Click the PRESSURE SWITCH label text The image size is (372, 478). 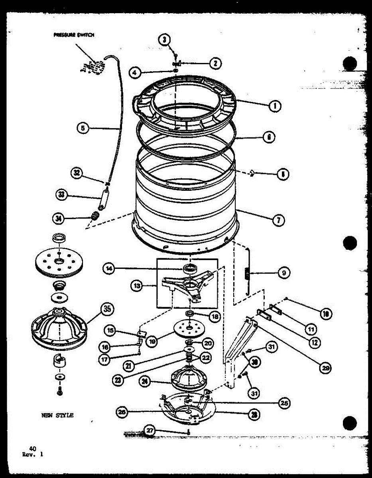click(x=74, y=35)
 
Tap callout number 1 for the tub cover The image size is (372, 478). click(x=275, y=106)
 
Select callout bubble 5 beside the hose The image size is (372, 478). click(x=83, y=128)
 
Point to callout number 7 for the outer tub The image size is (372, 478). click(x=278, y=219)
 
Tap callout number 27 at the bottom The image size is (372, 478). click(x=150, y=431)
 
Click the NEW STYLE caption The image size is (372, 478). click(x=57, y=415)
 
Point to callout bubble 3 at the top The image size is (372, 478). click(x=164, y=39)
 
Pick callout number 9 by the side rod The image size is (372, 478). click(x=283, y=273)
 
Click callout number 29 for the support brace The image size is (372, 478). click(x=326, y=368)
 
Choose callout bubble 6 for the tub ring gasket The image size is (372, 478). click(x=269, y=137)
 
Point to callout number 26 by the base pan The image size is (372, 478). click(x=122, y=412)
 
